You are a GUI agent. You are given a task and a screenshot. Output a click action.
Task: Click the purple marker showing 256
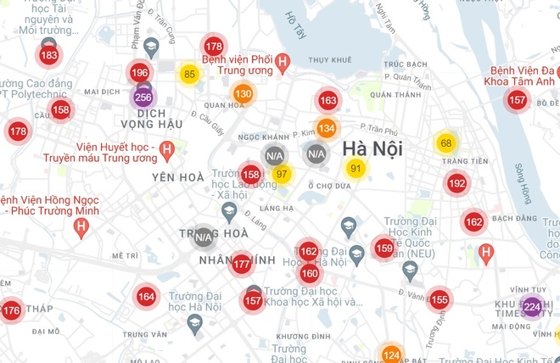click(x=143, y=98)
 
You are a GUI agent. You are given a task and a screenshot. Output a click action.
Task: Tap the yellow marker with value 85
click(x=189, y=75)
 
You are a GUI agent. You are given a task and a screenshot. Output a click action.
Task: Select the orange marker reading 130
click(x=244, y=93)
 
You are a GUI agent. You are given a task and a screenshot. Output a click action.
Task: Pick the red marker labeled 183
click(x=49, y=56)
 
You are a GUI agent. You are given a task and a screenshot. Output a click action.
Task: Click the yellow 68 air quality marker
click(x=445, y=142)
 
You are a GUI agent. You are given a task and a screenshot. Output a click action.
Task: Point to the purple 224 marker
click(x=532, y=306)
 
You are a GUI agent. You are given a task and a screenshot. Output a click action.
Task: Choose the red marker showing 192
click(x=456, y=183)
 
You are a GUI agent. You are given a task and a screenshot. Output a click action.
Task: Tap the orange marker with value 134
click(x=327, y=128)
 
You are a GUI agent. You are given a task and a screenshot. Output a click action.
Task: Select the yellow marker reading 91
click(x=356, y=169)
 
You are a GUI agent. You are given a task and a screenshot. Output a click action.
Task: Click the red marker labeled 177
click(x=241, y=265)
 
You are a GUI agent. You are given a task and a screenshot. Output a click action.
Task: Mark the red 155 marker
click(x=439, y=299)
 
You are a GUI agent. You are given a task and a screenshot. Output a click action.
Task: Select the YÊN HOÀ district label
click(x=178, y=177)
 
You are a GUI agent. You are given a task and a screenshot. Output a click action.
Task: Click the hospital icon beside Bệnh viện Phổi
click(x=283, y=61)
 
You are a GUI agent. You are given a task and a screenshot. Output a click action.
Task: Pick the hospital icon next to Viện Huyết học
click(x=167, y=152)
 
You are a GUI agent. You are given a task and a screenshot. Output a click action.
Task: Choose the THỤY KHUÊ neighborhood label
click(x=329, y=60)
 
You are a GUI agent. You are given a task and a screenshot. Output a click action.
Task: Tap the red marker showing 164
click(x=147, y=296)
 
